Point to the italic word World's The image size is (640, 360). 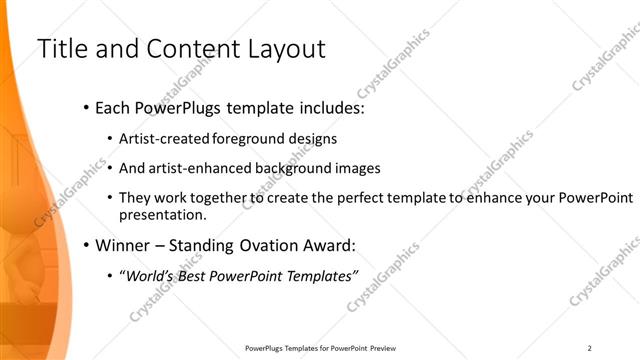(x=149, y=276)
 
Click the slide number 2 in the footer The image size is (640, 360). (x=590, y=348)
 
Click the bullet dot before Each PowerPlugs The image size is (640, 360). (x=87, y=106)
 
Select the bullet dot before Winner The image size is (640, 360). (x=87, y=245)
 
